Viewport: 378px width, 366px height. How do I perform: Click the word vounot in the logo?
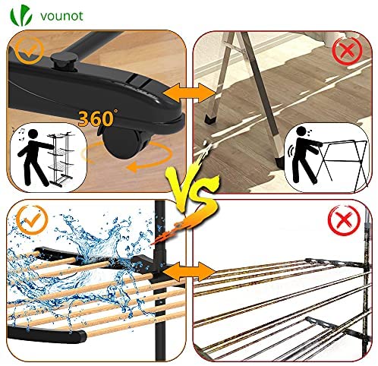[x=61, y=16]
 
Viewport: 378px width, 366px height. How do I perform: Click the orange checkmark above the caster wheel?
[x=30, y=51]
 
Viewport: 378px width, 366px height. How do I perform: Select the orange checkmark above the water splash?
[x=32, y=219]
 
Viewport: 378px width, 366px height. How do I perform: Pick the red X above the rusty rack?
[x=344, y=219]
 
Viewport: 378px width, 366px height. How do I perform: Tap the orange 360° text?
[x=97, y=118]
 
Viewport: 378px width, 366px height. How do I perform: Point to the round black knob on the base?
[x=63, y=62]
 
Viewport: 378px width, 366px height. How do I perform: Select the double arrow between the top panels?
[x=189, y=93]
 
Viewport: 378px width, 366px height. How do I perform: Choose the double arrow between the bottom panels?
[x=189, y=271]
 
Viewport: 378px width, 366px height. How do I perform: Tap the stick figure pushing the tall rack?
[x=34, y=157]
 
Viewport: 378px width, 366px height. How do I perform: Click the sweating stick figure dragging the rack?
[x=306, y=155]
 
